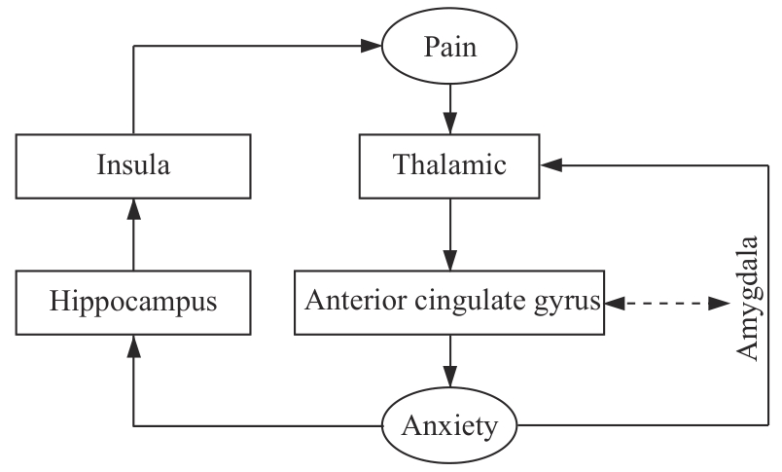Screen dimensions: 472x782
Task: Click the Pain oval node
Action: click(448, 47)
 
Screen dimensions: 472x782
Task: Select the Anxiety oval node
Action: click(448, 425)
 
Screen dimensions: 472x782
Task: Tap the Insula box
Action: click(133, 165)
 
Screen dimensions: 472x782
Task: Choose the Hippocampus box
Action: click(133, 301)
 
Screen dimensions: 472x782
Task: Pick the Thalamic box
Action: click(448, 165)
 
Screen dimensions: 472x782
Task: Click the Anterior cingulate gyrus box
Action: click(448, 301)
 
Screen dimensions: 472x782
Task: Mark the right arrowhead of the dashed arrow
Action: click(721, 304)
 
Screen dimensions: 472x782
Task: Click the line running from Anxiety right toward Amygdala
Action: click(632, 425)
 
